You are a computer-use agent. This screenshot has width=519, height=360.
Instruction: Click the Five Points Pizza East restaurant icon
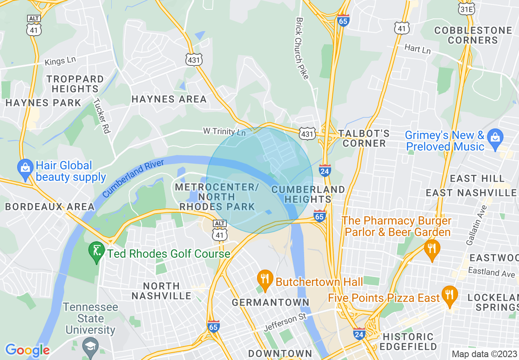tap(449, 295)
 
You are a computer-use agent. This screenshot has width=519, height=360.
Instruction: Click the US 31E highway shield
tap(466, 9)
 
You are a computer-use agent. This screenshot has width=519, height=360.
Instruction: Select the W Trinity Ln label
tap(224, 132)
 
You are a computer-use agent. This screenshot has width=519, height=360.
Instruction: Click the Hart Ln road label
tap(417, 49)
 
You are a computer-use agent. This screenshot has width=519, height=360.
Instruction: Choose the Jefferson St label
tap(285, 322)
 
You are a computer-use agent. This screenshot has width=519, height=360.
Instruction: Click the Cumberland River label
tap(133, 178)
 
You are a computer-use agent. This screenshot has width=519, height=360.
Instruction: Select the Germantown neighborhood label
tap(271, 302)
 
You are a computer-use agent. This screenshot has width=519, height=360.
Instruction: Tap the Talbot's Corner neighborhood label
tap(364, 138)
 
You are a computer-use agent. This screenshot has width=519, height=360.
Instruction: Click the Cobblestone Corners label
tap(473, 35)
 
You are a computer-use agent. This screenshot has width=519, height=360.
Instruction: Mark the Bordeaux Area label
tap(44, 207)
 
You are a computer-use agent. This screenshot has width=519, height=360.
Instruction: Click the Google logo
tap(27, 350)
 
